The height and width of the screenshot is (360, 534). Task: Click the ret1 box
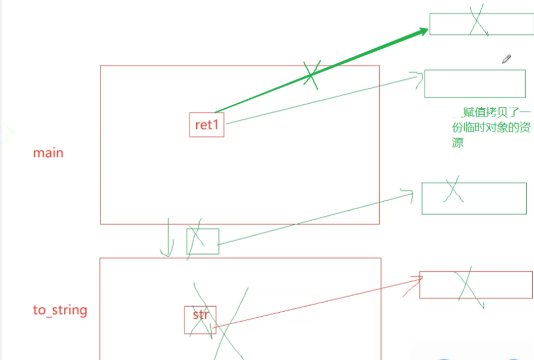point(206,125)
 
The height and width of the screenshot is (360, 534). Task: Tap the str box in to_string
point(200,320)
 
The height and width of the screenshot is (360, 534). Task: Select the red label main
point(48,153)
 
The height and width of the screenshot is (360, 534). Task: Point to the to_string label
point(60,310)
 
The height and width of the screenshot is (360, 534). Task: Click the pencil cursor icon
point(506,59)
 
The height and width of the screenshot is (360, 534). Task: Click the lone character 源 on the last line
point(458,143)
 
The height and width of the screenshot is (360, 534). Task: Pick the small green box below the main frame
point(202,241)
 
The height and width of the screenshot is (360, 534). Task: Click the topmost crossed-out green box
point(481,23)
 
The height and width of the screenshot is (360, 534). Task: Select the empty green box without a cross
point(475,84)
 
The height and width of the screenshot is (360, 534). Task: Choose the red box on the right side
point(476,285)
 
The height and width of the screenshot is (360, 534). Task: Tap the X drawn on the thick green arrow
point(311,73)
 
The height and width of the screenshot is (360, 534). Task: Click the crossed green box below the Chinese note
point(474,198)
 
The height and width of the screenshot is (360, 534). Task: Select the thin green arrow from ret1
point(322,100)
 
